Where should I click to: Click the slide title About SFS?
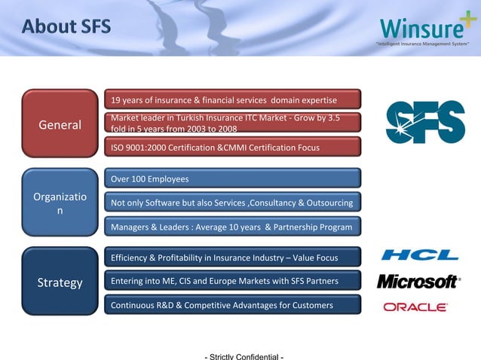(66, 27)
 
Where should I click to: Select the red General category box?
(60, 124)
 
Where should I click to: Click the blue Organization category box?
(60, 203)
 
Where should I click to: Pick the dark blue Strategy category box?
(60, 282)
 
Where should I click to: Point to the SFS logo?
(425, 122)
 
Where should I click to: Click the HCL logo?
(419, 255)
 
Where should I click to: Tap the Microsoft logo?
(418, 282)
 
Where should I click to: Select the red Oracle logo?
(415, 307)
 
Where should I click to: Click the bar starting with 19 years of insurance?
(232, 100)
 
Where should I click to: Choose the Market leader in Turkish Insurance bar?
(232, 124)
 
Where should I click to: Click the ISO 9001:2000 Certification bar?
(232, 148)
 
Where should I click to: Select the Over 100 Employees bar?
(232, 179)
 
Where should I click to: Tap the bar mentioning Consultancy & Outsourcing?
(232, 203)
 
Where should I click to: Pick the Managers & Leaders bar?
(232, 227)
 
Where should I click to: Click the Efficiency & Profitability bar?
(232, 258)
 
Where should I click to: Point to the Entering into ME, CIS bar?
(232, 282)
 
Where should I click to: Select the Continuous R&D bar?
(232, 305)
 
